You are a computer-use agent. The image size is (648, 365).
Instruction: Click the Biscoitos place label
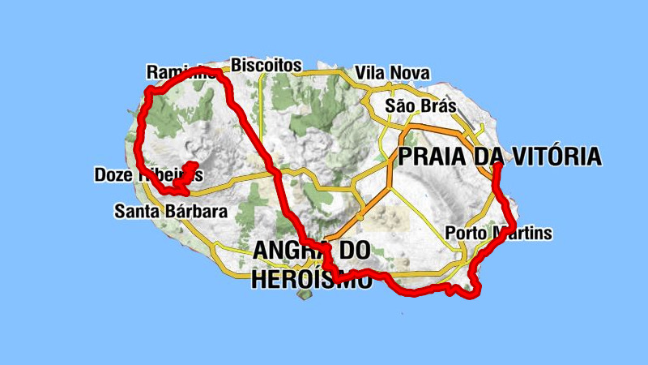[266, 64]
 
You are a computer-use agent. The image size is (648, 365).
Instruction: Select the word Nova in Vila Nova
[410, 73]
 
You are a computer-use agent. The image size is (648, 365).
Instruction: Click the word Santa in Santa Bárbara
[134, 212]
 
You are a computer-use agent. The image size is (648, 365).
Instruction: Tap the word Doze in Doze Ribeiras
[113, 174]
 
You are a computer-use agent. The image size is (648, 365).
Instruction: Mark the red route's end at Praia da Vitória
[496, 167]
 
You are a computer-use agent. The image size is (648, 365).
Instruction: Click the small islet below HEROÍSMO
[306, 294]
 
